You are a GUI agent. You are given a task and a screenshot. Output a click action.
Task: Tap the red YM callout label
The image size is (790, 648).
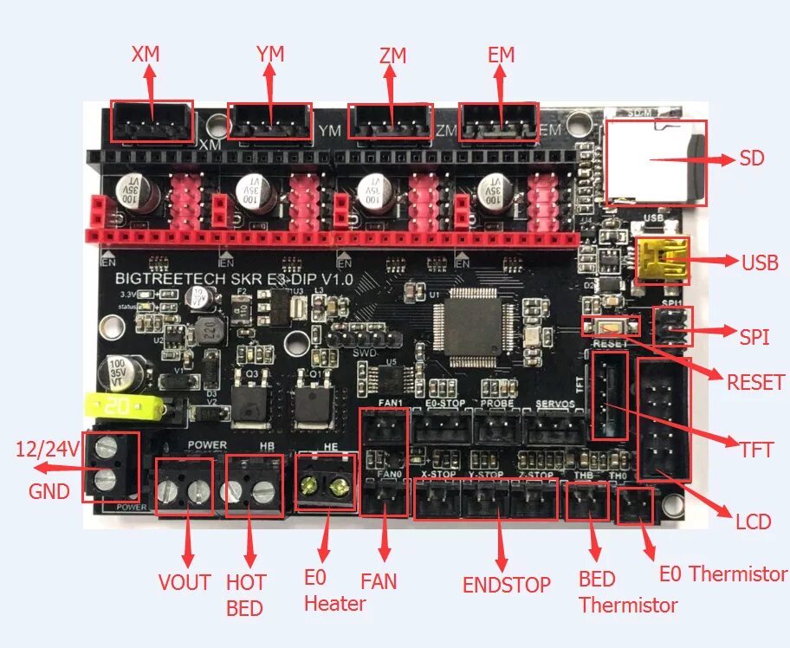[270, 55]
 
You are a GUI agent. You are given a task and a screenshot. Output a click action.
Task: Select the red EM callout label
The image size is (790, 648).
[501, 55]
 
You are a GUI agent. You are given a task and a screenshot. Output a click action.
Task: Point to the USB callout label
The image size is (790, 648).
[760, 262]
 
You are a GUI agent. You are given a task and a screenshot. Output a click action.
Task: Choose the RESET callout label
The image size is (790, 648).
[755, 382]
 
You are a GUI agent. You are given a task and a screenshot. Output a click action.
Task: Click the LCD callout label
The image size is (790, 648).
[753, 522]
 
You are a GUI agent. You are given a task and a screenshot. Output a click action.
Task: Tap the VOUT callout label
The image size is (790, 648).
[185, 582]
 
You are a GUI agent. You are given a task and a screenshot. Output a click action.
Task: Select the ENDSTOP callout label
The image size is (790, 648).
[507, 585]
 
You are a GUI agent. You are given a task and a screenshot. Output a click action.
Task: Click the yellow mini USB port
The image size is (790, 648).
[661, 261]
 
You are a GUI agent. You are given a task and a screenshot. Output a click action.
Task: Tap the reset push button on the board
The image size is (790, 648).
[612, 326]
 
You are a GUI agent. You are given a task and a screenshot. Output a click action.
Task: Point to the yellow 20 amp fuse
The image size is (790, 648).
[121, 405]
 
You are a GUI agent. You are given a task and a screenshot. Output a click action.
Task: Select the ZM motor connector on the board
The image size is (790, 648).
[389, 122]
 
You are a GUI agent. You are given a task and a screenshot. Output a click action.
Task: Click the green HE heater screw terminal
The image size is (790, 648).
[326, 489]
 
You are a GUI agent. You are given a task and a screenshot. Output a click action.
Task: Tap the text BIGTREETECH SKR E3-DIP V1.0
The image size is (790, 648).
[234, 280]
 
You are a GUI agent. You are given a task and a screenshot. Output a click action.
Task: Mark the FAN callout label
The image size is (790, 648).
[379, 579]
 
